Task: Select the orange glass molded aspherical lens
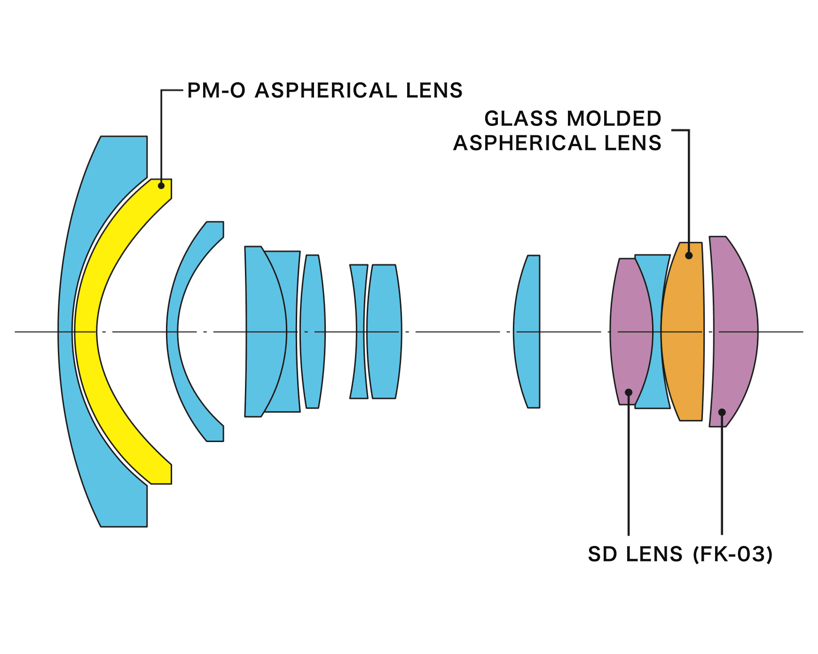pyautogui.click(x=683, y=332)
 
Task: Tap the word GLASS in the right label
pyautogui.click(x=521, y=118)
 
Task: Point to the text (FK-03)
pyautogui.click(x=733, y=554)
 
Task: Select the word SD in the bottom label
pyautogui.click(x=602, y=554)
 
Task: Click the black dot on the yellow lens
pyautogui.click(x=161, y=186)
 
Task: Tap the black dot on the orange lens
pyautogui.click(x=689, y=256)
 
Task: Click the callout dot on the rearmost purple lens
pyautogui.click(x=722, y=412)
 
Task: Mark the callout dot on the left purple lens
pyautogui.click(x=629, y=392)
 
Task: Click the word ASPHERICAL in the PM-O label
pyautogui.click(x=326, y=90)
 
